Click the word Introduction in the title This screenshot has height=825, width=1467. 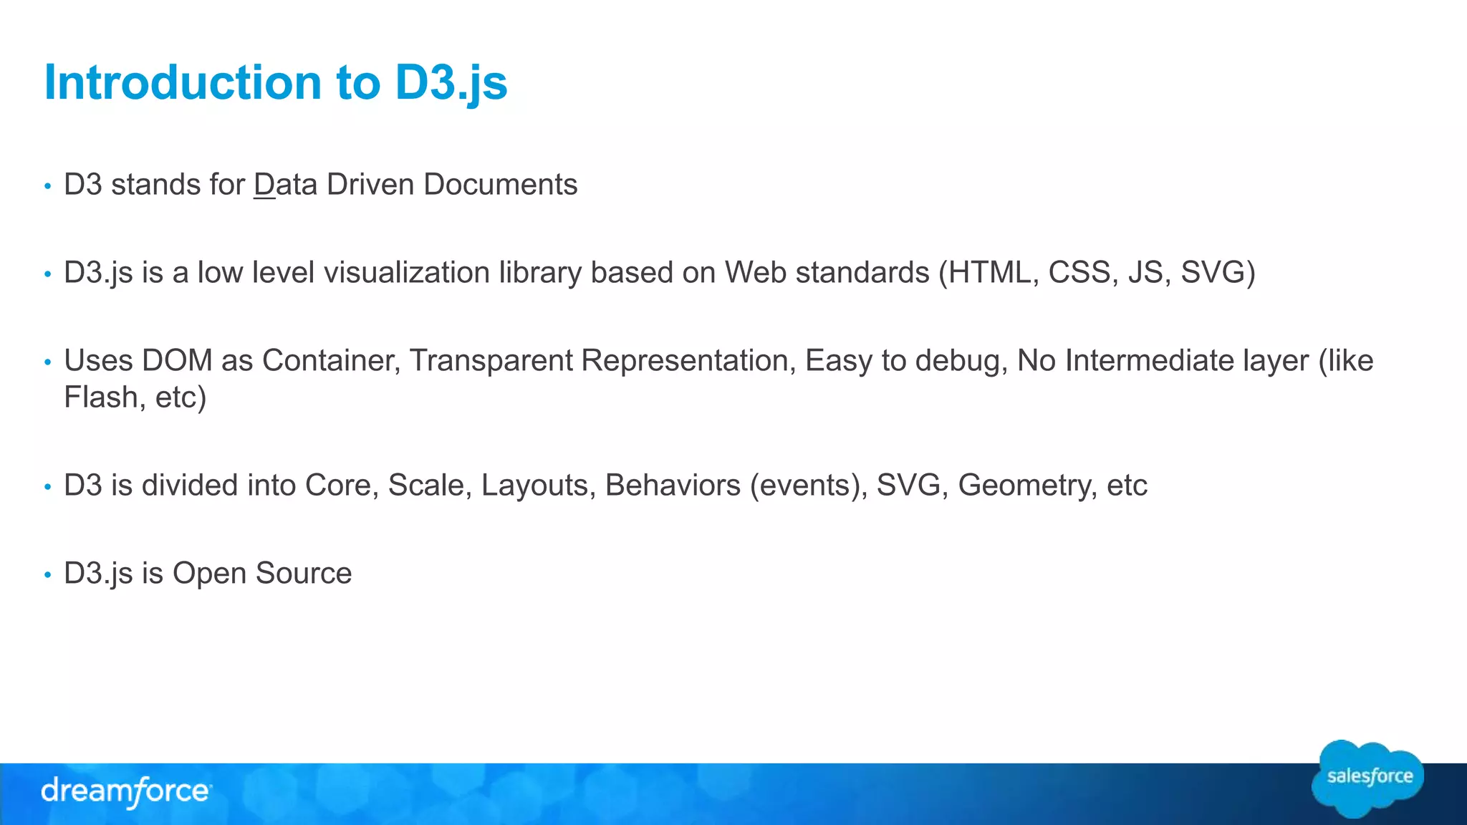point(183,82)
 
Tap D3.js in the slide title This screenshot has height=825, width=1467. point(451,82)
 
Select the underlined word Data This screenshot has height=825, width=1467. point(285,185)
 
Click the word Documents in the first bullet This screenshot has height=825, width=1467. point(500,185)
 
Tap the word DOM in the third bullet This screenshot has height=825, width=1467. point(177,361)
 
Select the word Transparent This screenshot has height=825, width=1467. point(491,361)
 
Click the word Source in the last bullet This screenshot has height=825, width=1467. point(303,574)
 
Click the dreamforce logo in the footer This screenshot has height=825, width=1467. point(125,792)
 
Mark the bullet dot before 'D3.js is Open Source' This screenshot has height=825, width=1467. point(48,574)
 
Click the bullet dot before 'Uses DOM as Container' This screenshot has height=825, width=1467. point(48,362)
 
